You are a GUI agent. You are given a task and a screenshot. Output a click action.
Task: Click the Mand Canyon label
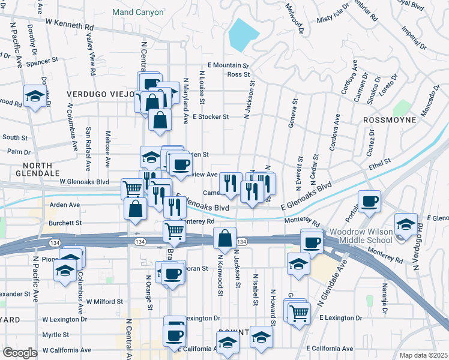[138, 12]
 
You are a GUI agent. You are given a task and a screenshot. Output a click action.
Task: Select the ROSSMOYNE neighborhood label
[390, 120]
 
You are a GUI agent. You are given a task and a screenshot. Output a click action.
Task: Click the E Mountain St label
[228, 65]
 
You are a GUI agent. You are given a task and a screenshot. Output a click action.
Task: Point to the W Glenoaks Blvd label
[84, 181]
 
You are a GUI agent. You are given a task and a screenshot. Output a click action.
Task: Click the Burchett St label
[66, 223]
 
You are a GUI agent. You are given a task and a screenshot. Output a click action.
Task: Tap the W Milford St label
[104, 302]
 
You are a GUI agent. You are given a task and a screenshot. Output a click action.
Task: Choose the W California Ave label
[67, 350]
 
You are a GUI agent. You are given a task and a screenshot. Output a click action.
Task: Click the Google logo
[20, 353]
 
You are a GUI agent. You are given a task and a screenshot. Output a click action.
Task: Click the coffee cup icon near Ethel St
[370, 200]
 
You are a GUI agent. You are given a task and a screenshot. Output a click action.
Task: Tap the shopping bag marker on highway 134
[224, 238]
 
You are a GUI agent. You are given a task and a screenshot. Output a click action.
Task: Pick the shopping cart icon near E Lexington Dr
[299, 311]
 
